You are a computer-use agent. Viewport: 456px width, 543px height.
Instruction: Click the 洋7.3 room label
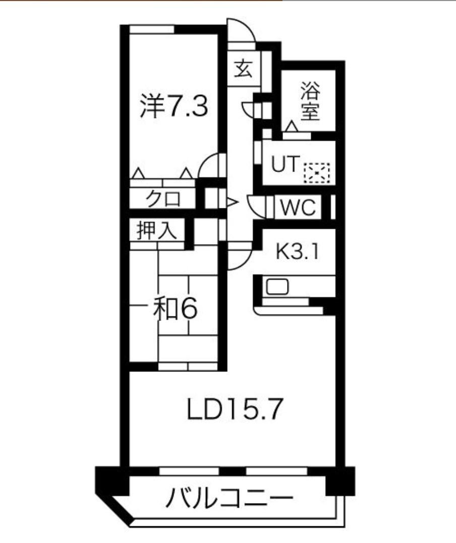(174, 107)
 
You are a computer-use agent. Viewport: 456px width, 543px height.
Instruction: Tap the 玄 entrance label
(244, 68)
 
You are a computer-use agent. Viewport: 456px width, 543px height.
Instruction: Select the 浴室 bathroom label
(310, 102)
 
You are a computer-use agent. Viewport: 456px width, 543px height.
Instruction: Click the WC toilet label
(298, 207)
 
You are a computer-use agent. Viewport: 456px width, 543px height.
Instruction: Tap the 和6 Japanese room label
(175, 309)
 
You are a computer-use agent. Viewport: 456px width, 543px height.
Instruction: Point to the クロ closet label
(162, 199)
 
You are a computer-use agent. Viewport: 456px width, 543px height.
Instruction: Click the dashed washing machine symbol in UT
(316, 173)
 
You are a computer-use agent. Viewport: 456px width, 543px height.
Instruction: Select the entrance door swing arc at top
(241, 31)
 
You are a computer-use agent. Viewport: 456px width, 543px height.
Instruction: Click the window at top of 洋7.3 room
(151, 29)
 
